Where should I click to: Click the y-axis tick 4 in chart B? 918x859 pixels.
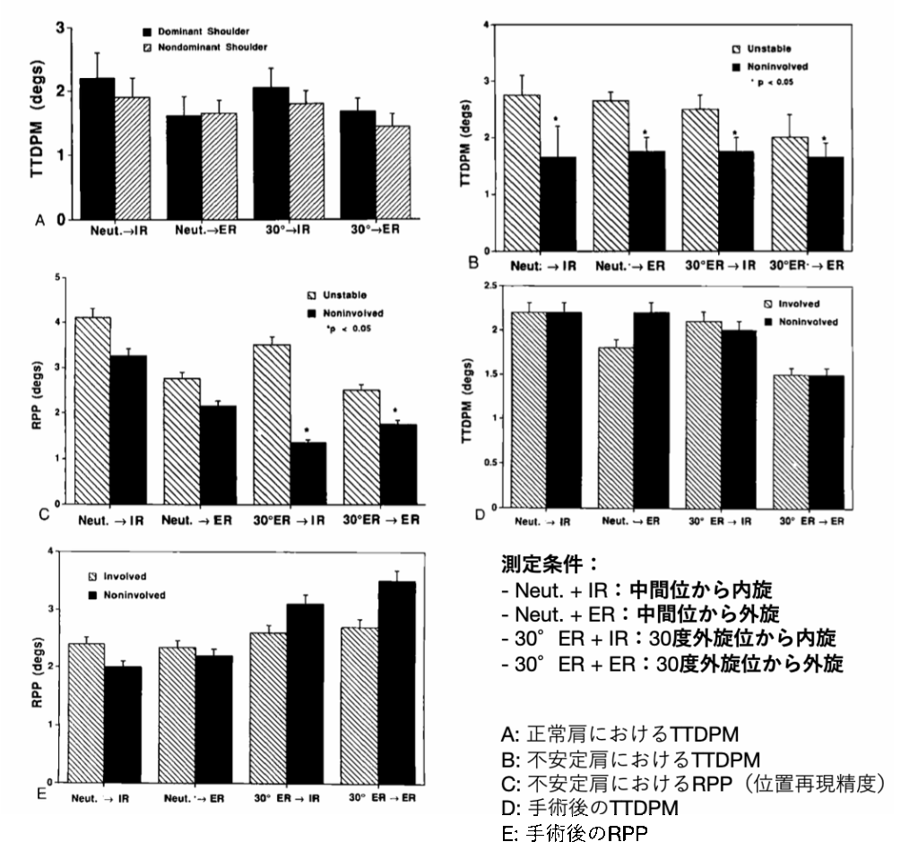484,24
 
